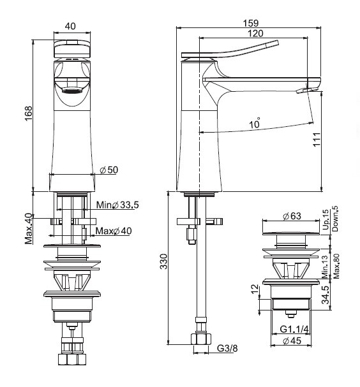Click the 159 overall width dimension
[251, 23]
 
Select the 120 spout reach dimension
[255, 33]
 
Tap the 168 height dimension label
[29, 113]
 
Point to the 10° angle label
[255, 122]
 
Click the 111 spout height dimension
[317, 140]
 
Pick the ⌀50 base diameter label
[109, 170]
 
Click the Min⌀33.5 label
[117, 205]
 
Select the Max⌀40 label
[114, 231]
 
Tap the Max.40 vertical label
[29, 228]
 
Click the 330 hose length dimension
[163, 261]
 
